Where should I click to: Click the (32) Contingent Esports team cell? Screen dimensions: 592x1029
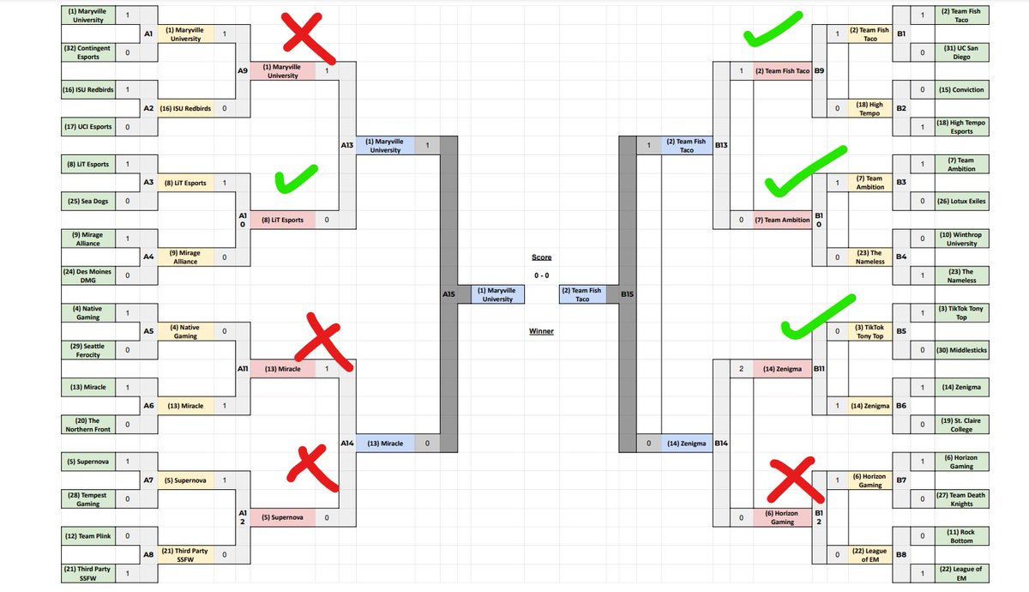(x=87, y=52)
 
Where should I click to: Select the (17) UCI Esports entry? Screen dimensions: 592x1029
(x=87, y=126)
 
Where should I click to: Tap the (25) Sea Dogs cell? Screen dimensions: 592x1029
(x=87, y=200)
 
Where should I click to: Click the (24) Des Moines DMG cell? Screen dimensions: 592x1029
(x=87, y=275)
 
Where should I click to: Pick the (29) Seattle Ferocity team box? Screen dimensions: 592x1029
(x=87, y=349)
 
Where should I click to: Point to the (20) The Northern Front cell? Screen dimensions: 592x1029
(x=87, y=424)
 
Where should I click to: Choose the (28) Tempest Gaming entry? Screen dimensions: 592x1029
(x=87, y=498)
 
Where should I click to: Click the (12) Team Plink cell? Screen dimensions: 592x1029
(x=87, y=535)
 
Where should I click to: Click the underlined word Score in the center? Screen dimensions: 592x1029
(x=541, y=257)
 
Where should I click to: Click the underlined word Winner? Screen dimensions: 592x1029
(x=541, y=330)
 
